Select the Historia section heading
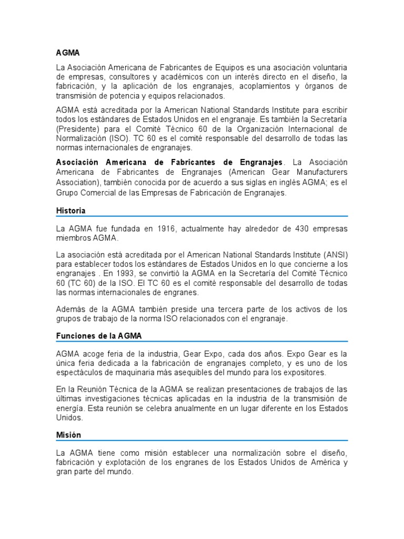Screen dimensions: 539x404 (70, 211)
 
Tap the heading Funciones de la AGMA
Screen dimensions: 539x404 (98, 335)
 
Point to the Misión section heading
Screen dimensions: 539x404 (69, 435)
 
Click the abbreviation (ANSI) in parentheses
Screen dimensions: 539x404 (334, 255)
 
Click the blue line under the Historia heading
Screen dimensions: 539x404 (202, 216)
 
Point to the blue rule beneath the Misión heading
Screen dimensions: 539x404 (202, 441)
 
